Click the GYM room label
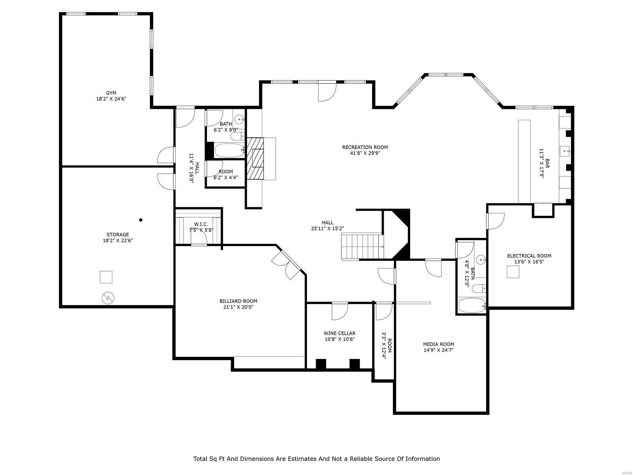[111, 93]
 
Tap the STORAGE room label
[118, 235]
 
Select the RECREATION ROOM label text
[365, 147]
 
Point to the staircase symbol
[362, 246]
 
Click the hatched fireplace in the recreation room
[255, 159]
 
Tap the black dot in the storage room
[141, 220]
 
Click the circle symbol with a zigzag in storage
[108, 298]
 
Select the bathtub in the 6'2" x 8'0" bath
[229, 150]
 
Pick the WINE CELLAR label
[339, 333]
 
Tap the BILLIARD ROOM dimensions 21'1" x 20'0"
[236, 307]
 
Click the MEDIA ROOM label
[438, 344]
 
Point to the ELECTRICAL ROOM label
[529, 256]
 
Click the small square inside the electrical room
[513, 272]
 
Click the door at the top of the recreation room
[327, 91]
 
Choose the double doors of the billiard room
[287, 265]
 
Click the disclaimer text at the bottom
[316, 459]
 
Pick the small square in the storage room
[106, 277]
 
